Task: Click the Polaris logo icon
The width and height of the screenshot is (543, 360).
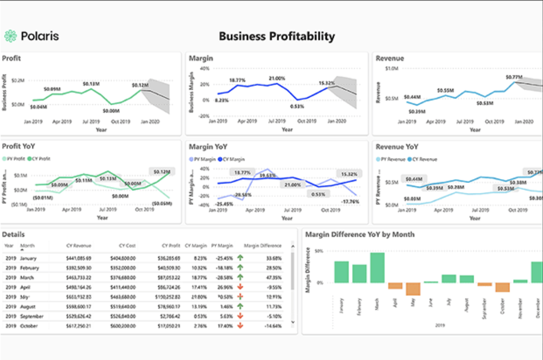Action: pyautogui.click(x=10, y=36)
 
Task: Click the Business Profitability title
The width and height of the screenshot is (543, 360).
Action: pyautogui.click(x=276, y=36)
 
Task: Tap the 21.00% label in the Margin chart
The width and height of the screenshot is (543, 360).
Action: pyautogui.click(x=276, y=78)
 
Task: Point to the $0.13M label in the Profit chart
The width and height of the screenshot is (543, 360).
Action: pyautogui.click(x=91, y=84)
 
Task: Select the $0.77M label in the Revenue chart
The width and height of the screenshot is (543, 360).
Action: pyautogui.click(x=514, y=77)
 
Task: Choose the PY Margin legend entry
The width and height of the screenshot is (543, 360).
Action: pyautogui.click(x=204, y=160)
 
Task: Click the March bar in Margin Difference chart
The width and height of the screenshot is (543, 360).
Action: pyautogui.click(x=377, y=267)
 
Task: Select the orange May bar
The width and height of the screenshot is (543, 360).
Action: pyautogui.click(x=413, y=289)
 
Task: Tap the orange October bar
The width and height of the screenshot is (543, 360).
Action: pyautogui.click(x=502, y=287)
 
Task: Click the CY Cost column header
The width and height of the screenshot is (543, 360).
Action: pyautogui.click(x=128, y=246)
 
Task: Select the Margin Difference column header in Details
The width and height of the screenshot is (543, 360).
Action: pyautogui.click(x=263, y=246)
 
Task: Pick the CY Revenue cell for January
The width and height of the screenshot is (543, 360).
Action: pyautogui.click(x=79, y=258)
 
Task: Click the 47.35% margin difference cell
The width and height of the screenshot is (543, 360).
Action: pyautogui.click(x=273, y=277)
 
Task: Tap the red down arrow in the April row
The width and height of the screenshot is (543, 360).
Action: pyautogui.click(x=240, y=287)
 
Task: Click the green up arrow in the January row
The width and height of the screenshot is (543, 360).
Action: pyautogui.click(x=240, y=258)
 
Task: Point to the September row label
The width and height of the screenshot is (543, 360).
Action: pyautogui.click(x=32, y=316)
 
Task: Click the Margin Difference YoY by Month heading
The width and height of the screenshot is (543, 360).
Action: pyautogui.click(x=360, y=234)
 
